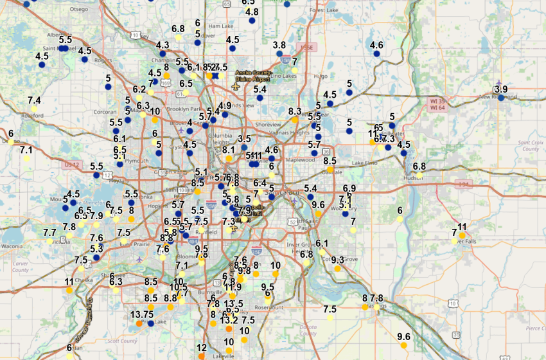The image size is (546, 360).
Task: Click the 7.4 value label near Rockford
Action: pyautogui.click(x=35, y=100)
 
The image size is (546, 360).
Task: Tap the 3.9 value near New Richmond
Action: pyautogui.click(x=502, y=89)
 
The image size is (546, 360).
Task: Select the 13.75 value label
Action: pyautogui.click(x=141, y=314)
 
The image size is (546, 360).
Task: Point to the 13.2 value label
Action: pyautogui.click(x=229, y=319)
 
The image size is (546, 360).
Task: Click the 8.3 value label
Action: pyautogui.click(x=295, y=111)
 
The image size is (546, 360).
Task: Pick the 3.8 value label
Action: pyautogui.click(x=279, y=45)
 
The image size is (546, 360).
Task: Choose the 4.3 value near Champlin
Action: pyautogui.click(x=163, y=45)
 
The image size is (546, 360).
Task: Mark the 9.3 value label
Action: pyautogui.click(x=338, y=260)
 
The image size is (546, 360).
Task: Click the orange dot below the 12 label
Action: pyautogui.click(x=202, y=355)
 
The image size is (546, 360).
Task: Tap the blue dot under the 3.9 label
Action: pyautogui.click(x=502, y=98)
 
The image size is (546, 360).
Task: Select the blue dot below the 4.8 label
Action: pyautogui.click(x=252, y=21)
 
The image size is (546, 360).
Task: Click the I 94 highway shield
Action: pyautogui.click(x=462, y=184)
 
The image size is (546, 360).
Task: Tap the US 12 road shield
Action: pyautogui.click(x=71, y=166)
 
